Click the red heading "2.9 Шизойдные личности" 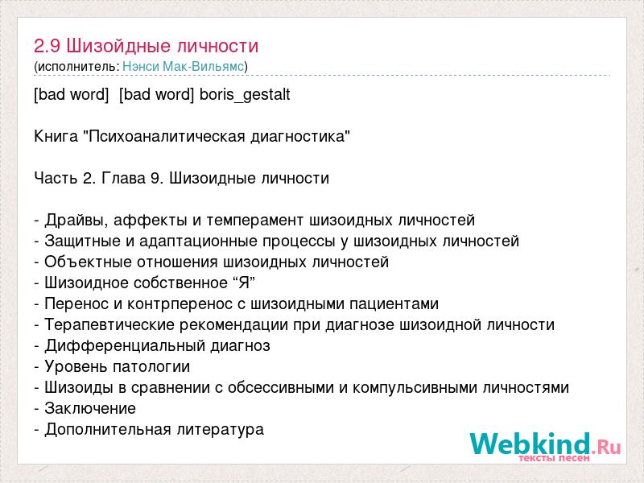coord(146,46)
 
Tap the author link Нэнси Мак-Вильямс coord(184,67)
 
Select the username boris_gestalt coord(245,95)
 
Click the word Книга coord(56,136)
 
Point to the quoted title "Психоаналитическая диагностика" coord(217,136)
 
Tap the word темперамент coord(254,220)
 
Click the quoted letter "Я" coord(244,283)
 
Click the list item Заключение coord(90,409)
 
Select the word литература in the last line coord(221,430)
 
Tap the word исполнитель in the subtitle coord(77,67)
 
